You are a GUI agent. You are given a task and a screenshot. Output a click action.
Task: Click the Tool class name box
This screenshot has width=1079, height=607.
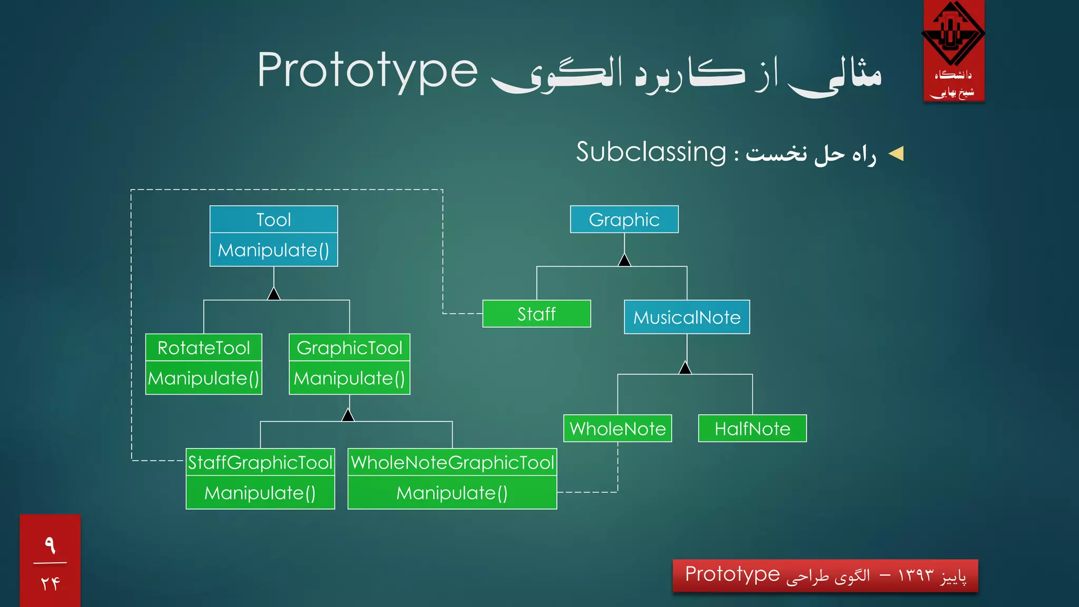point(273,219)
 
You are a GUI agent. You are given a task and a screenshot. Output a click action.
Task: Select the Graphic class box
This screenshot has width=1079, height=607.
point(624,219)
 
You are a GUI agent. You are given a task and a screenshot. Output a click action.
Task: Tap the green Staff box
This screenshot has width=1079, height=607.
point(536,314)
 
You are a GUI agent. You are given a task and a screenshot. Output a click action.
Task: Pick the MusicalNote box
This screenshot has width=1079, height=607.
point(686,317)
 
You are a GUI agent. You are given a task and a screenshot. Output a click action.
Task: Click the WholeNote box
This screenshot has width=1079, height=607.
point(617,428)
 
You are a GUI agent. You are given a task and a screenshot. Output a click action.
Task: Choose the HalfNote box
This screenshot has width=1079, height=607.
point(752,428)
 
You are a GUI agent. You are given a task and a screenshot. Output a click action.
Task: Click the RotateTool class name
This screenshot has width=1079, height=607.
point(203,348)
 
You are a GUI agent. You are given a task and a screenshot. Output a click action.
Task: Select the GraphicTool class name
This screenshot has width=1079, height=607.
point(349,348)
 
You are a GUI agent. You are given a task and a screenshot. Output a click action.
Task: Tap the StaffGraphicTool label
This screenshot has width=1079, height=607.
point(260,462)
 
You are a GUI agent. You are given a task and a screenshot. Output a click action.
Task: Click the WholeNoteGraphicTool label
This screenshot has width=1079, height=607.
point(452,462)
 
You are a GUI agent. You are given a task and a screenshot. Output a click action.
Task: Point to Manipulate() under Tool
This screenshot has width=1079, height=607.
point(273,250)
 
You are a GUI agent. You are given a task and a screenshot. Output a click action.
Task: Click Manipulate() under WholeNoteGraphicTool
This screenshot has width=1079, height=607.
point(452,493)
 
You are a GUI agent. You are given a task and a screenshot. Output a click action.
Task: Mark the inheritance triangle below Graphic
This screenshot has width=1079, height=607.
point(624,260)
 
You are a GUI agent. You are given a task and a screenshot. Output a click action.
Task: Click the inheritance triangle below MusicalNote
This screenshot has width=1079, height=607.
point(685,368)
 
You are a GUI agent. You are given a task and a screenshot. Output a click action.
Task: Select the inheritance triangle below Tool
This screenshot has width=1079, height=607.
point(273,294)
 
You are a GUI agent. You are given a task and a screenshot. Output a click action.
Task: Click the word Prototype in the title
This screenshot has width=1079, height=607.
point(367,71)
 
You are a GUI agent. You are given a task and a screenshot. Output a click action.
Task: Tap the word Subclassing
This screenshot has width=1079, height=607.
point(651,152)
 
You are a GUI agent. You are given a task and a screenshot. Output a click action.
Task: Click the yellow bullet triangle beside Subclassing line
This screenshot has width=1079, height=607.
point(896,153)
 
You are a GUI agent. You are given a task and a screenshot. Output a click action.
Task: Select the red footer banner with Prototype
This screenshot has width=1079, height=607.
point(825,575)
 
